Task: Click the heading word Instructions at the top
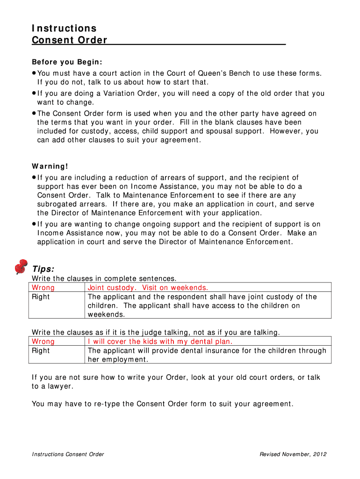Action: (x=64, y=29)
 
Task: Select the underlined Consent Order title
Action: (x=70, y=40)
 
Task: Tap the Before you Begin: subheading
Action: (x=67, y=62)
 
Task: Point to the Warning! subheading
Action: (x=50, y=167)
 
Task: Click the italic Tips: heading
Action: (x=43, y=269)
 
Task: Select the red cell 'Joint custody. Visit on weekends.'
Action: (x=148, y=288)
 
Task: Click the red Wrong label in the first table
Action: (x=43, y=288)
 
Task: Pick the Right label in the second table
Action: (x=41, y=350)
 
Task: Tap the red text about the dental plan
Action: (x=160, y=341)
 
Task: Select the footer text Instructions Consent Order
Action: (x=68, y=454)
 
